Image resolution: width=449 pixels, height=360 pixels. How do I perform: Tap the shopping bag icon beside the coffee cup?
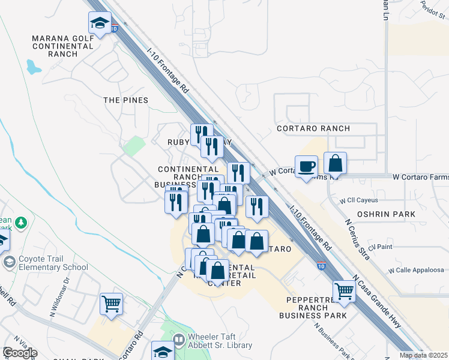click(x=336, y=163)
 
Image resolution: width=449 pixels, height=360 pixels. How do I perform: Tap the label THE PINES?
click(x=125, y=100)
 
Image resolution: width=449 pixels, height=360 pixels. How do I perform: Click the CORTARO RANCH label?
click(x=313, y=128)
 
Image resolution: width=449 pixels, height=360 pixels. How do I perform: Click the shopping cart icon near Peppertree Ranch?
click(x=345, y=291)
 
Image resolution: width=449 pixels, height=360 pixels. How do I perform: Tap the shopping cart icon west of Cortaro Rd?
click(x=112, y=304)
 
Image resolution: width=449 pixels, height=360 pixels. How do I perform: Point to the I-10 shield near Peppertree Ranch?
click(x=322, y=266)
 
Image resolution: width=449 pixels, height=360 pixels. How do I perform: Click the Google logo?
click(x=20, y=353)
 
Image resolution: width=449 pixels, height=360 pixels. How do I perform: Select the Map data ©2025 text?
click(x=423, y=355)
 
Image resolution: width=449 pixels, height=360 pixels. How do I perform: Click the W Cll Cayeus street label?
click(x=361, y=200)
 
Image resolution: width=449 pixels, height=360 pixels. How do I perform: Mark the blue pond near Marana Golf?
click(x=34, y=67)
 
